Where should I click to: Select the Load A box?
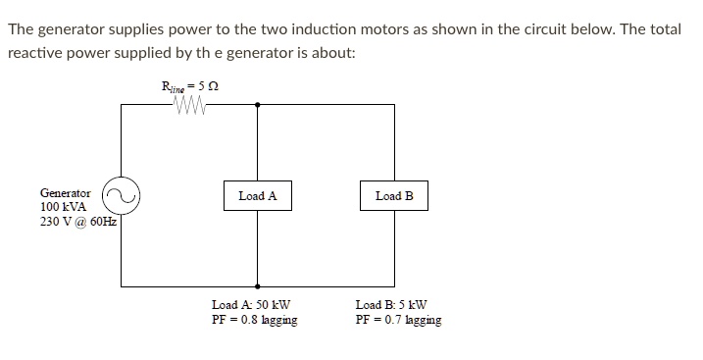257,196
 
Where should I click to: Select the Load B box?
394,196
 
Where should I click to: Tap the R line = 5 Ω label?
189,87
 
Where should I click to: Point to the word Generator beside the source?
66,194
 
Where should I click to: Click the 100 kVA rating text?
63,208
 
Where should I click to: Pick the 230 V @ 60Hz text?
77,223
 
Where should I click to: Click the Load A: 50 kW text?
251,305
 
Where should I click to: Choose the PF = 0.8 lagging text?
255,320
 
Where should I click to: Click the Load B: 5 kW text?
391,305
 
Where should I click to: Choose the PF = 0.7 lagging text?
398,320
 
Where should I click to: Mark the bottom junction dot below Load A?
258,283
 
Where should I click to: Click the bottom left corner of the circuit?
121,283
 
